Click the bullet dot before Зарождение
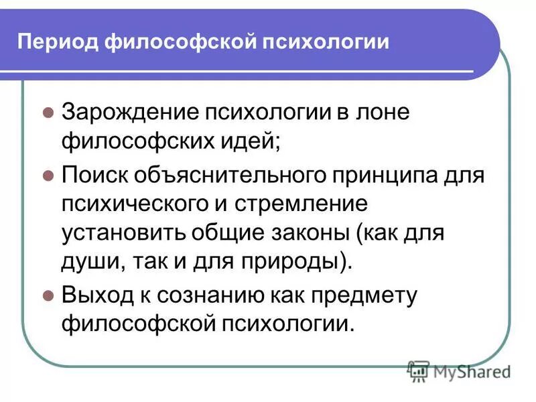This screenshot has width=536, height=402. coord(48,113)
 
